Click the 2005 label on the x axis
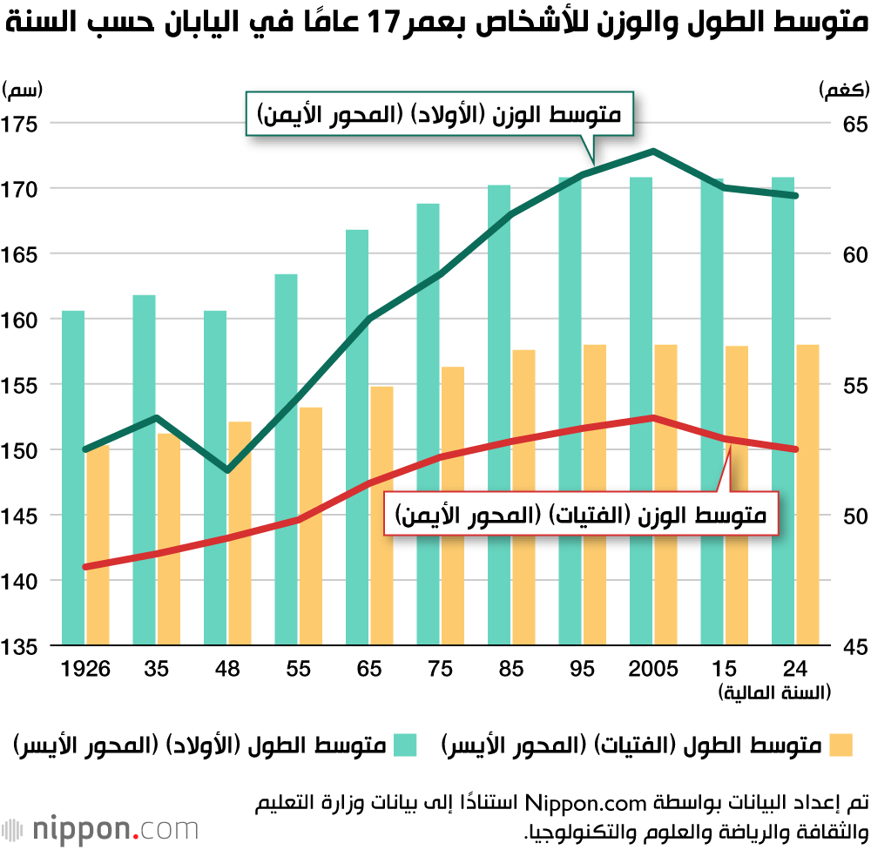[652, 669]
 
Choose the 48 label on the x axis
[226, 669]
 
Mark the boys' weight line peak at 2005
[653, 152]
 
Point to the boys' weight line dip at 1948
[226, 470]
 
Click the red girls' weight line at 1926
[85, 567]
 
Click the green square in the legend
[405, 745]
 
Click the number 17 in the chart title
[382, 24]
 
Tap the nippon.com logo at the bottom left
[100, 827]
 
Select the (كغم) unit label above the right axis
[841, 88]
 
